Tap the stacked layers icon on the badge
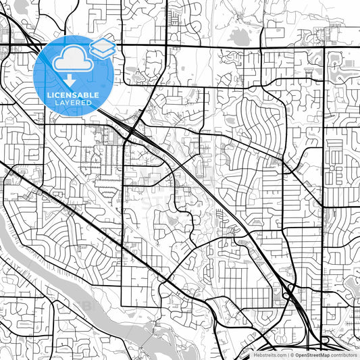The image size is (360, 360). point(101,47)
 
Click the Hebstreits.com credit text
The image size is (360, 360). point(269,355)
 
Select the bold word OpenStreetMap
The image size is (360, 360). point(312,355)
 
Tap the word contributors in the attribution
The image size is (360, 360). point(344,355)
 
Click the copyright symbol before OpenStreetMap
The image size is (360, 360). point(291,355)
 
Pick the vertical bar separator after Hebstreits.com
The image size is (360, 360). point(287,355)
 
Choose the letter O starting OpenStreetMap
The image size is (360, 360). point(297,355)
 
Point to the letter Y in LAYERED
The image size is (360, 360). point(68,103)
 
